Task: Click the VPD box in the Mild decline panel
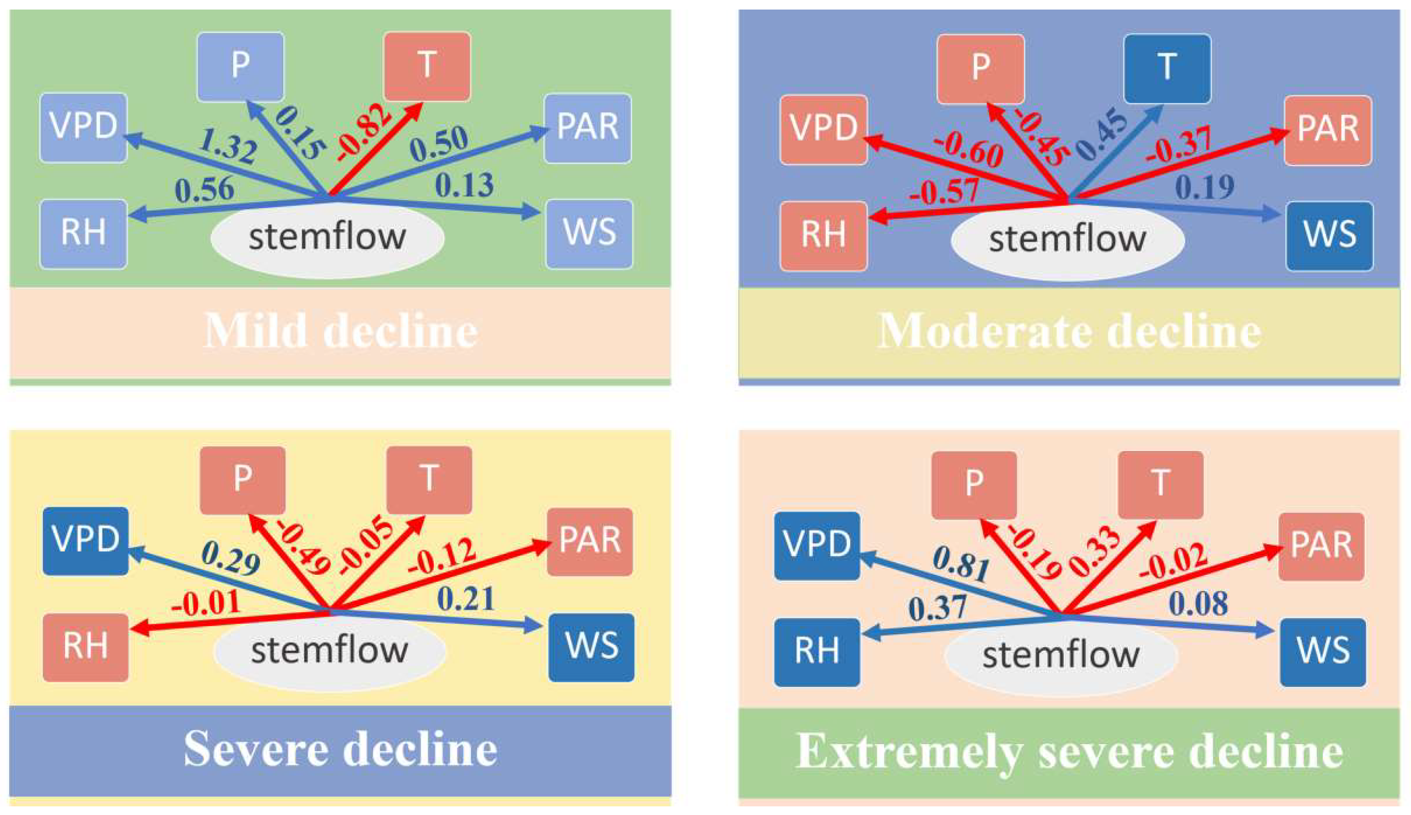83,127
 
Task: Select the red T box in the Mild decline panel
426,66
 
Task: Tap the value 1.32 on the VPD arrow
227,145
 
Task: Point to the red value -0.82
363,133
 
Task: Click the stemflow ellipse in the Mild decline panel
327,238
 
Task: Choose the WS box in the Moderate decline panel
1329,236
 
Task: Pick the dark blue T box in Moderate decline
1167,68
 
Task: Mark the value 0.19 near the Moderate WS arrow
1204,187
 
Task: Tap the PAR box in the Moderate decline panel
1327,130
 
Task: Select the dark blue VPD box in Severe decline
86,540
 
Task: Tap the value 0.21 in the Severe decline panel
465,598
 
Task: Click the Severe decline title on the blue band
340,749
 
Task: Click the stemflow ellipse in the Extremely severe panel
1061,655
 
